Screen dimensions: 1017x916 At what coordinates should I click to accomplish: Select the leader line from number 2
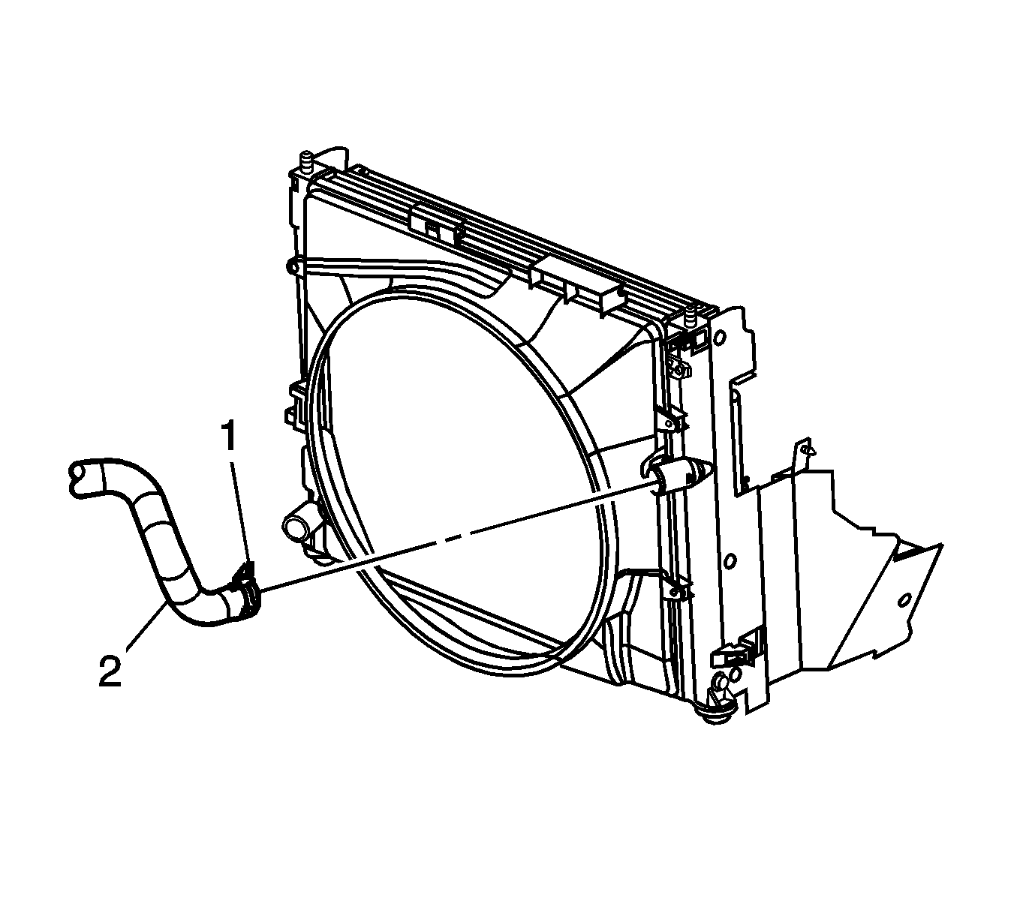click(x=146, y=626)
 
